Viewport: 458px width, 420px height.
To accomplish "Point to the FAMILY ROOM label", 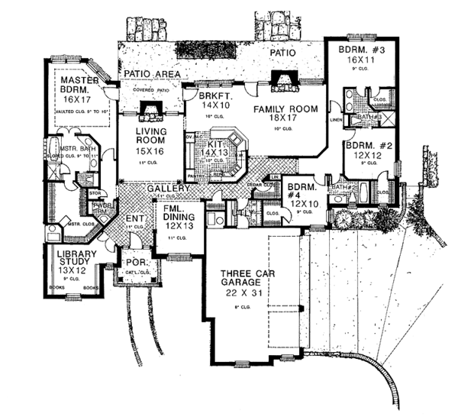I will point(285,110).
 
